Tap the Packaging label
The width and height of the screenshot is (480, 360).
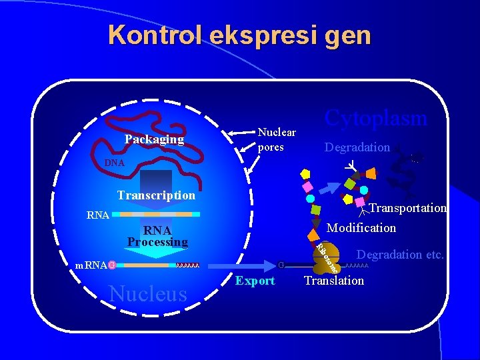[154, 139]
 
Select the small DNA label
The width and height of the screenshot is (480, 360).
[114, 163]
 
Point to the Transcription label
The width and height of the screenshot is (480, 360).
[156, 195]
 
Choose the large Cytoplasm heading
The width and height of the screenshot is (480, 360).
[375, 118]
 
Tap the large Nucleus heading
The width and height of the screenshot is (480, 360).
[148, 293]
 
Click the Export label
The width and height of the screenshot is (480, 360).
[255, 281]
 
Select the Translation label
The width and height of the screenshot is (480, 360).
[334, 281]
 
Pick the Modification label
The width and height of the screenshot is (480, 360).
[361, 228]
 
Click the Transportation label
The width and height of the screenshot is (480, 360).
[407, 208]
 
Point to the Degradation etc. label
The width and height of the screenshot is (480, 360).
[400, 254]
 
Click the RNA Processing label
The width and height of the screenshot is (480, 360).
[157, 236]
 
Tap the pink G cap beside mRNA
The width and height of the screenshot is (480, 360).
[112, 265]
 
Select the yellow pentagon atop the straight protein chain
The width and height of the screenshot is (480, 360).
[305, 173]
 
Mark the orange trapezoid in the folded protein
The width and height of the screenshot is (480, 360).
[371, 173]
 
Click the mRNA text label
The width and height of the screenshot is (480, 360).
[91, 265]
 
